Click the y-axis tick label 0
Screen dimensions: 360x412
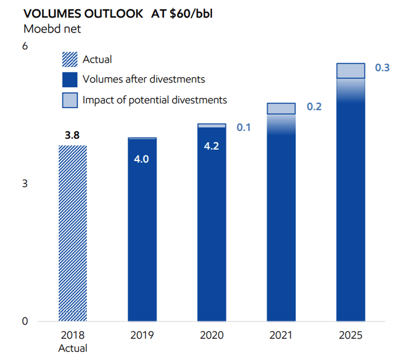25,321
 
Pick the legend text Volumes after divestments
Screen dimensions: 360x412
143,79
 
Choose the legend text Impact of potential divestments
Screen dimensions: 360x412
154,100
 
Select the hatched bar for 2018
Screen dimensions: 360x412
73,233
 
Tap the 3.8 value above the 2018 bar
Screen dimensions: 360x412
73,135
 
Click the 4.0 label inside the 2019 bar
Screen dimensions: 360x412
142,159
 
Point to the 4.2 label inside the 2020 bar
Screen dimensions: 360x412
211,147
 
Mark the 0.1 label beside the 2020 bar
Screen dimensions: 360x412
243,128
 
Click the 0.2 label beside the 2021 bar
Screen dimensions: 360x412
314,107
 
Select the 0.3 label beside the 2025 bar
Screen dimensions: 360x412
382,68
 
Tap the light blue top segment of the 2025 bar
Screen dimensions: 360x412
350,71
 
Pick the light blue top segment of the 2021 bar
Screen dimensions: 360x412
281,108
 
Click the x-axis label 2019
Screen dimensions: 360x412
142,335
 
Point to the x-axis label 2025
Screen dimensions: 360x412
350,335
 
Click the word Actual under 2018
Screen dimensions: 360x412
73,347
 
